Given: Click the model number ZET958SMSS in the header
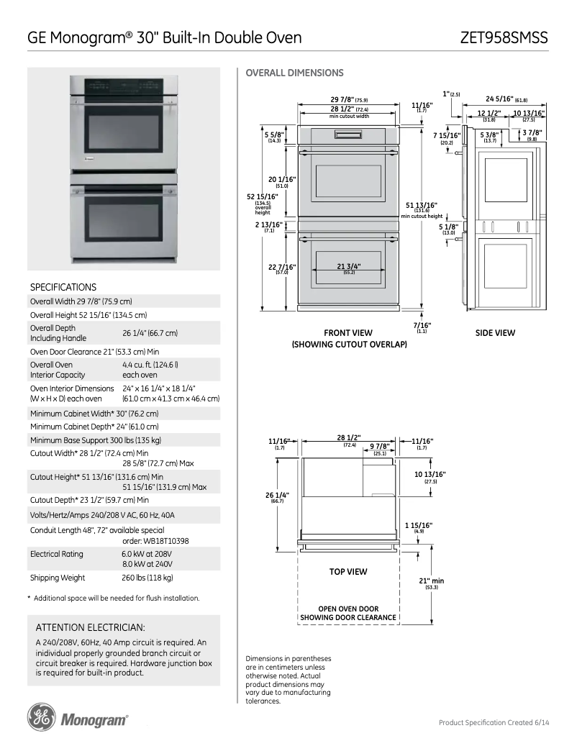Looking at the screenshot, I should [504, 37].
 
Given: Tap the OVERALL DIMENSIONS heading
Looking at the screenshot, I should [294, 73].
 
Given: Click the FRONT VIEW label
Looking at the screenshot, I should [348, 333].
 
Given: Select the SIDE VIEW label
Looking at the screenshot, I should [495, 333].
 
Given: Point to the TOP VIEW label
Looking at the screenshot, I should [348, 572].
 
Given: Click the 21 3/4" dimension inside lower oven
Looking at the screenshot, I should [348, 266].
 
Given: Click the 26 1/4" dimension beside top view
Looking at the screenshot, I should [278, 495].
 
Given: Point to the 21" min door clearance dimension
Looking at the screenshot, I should [431, 581].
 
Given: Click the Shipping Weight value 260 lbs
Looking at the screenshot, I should [147, 578].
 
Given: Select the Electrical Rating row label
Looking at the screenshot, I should [56, 554].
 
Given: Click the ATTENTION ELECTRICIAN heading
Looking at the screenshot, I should [90, 627].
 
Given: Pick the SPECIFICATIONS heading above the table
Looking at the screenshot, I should [63, 287].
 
